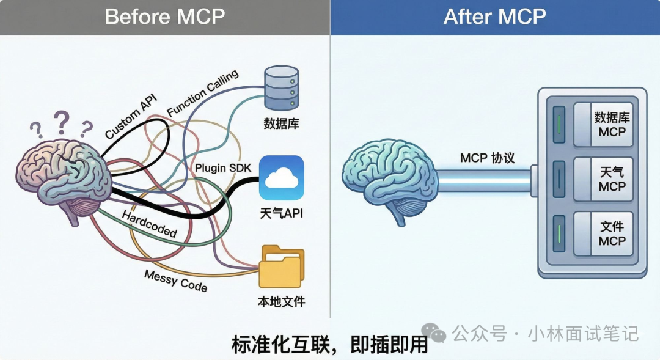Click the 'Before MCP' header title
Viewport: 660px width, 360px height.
(x=164, y=17)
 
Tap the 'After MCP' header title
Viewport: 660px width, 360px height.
(x=494, y=17)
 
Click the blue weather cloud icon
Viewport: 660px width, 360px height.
(x=281, y=178)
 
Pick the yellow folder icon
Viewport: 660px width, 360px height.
(x=281, y=266)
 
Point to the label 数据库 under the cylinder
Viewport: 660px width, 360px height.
(x=281, y=123)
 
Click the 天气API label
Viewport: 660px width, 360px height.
(x=281, y=214)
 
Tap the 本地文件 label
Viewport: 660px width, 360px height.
(x=281, y=301)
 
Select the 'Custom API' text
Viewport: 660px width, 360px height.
(x=131, y=116)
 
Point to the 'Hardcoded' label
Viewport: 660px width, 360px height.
(x=149, y=224)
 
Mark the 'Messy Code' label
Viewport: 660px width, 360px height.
(x=175, y=280)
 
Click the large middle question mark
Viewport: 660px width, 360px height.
(x=61, y=123)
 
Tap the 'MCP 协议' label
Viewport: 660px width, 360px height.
(x=487, y=158)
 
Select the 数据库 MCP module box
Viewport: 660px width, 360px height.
(x=603, y=124)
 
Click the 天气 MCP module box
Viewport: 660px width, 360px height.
(x=603, y=179)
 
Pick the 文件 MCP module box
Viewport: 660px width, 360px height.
(x=603, y=233)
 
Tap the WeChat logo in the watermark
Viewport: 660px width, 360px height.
(x=438, y=334)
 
